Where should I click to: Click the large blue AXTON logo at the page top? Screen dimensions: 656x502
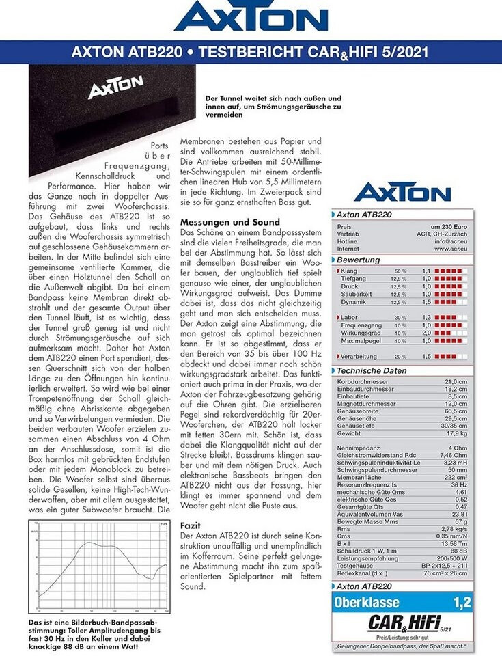[x=251, y=17]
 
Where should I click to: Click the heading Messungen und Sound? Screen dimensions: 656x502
[x=229, y=222]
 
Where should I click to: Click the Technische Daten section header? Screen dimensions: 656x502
[x=372, y=371]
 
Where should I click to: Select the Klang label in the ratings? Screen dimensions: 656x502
[x=349, y=271]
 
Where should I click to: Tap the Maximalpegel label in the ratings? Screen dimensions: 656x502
[x=361, y=340]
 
